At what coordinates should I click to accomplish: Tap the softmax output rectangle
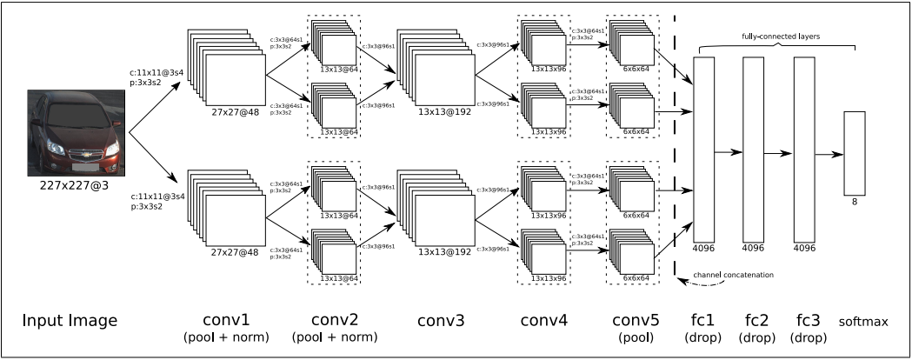855,153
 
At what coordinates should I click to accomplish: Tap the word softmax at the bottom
863,322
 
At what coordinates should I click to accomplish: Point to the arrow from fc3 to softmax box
829,154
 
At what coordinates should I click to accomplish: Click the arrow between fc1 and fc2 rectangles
728,150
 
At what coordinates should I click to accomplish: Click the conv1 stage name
225,321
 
